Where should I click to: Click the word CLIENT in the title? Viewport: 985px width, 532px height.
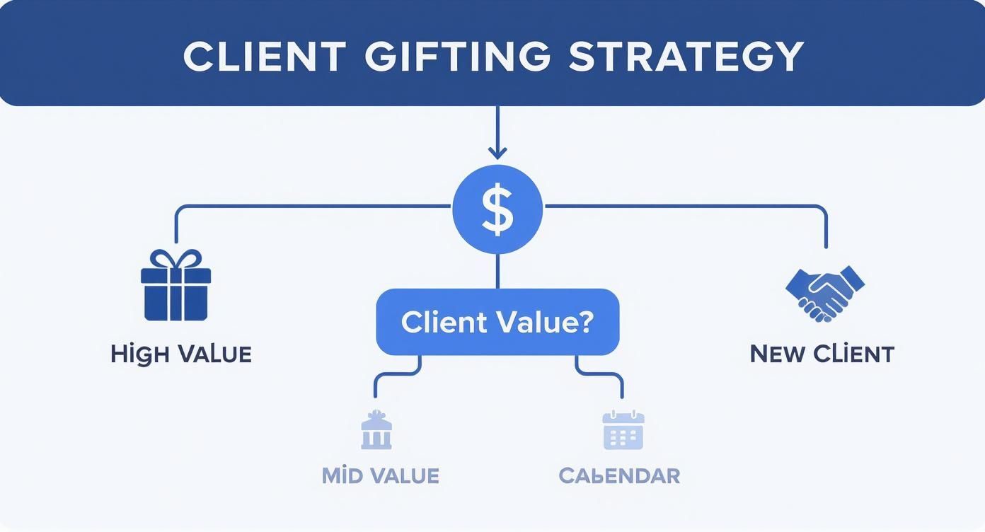[265, 57]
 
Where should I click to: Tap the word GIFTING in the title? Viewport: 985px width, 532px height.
[457, 57]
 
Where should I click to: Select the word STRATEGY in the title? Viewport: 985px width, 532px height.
[686, 57]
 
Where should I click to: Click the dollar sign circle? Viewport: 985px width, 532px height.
[497, 209]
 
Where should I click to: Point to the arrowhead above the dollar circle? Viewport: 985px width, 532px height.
[497, 151]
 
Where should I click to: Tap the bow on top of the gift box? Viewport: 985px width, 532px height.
[175, 258]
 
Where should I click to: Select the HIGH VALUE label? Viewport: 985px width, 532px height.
[181, 354]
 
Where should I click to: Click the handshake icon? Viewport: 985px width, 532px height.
[825, 291]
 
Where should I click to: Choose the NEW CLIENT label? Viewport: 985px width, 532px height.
[822, 354]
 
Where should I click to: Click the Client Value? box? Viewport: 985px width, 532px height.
[497, 322]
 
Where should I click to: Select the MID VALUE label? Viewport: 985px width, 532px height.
[381, 475]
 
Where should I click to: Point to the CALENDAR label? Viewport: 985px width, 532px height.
[619, 475]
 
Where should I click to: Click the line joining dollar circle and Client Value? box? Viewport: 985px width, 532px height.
[497, 270]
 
